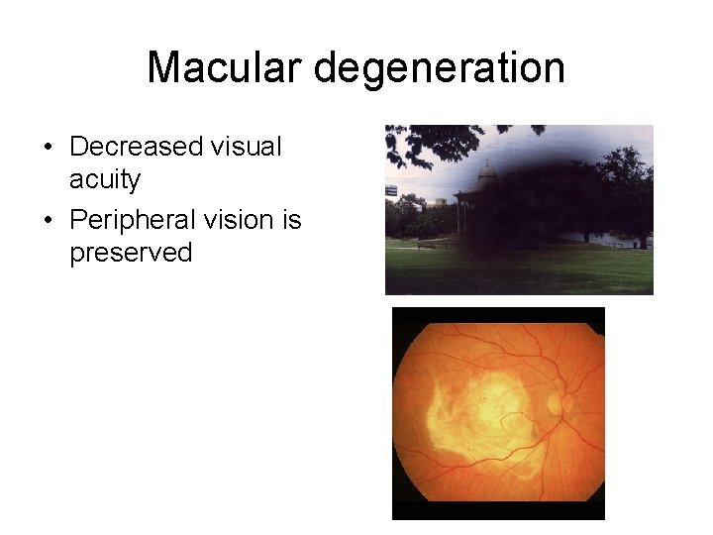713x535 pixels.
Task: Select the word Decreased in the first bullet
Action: pos(134,147)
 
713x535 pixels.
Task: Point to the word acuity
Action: pos(105,180)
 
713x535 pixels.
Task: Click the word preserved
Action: pos(131,253)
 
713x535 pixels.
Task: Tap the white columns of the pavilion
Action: pos(462,217)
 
